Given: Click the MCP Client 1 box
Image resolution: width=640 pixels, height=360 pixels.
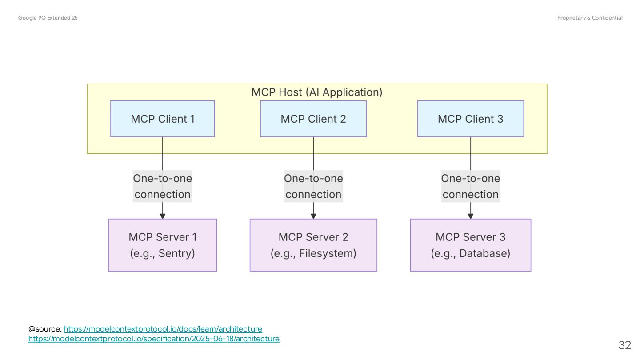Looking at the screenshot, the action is coord(163,119).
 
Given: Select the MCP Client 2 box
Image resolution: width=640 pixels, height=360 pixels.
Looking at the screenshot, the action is coord(313,119).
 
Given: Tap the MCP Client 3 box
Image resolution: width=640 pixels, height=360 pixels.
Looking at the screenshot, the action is coord(471,119).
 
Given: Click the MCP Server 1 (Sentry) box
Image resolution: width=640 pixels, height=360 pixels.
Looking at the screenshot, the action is coord(163,245).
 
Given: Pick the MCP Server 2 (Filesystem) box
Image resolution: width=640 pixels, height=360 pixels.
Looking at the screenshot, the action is coord(313,245).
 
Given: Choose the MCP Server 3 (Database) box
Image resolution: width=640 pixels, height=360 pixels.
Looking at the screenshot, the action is coord(471,245).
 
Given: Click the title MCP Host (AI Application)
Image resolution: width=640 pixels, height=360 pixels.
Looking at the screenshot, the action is coord(317,92).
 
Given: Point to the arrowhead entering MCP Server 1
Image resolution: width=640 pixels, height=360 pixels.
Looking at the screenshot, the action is coord(163,216).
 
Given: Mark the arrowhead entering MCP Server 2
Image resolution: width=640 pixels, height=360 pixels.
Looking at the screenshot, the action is coord(313,216).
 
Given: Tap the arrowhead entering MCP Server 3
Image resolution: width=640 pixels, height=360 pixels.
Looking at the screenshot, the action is coord(471,216).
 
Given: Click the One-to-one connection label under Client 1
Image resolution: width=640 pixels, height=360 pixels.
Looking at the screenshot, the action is coord(163,186).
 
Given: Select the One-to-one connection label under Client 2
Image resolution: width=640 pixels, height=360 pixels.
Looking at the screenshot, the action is coord(313,186).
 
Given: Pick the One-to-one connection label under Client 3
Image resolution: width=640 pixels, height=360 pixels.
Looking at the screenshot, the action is coord(471,186).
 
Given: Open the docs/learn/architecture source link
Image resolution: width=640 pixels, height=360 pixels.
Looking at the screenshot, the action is coord(163,329).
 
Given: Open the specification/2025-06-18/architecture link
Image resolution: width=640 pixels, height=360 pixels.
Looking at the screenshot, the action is coord(154,339).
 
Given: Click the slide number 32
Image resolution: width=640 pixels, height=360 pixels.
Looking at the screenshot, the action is coord(624,345).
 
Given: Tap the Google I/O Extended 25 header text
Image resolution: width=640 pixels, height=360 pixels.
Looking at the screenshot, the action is coord(48,18).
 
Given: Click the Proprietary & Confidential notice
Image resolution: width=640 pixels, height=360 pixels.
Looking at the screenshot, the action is coord(590,18).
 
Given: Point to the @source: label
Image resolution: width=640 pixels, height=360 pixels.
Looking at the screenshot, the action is coord(45,329).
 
